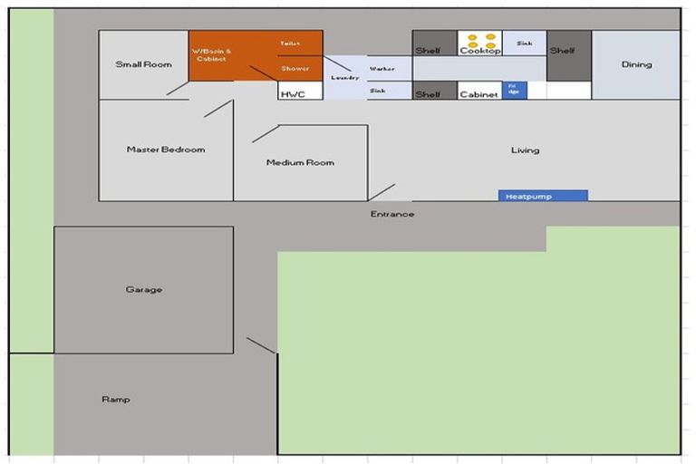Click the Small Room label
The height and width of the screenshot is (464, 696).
point(143,64)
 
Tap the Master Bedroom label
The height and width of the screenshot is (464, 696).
point(166,150)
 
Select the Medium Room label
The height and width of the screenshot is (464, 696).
point(300,163)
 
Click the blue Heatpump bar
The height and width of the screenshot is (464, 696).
point(542,196)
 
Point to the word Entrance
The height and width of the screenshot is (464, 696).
point(392,214)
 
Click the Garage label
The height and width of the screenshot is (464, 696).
point(143,290)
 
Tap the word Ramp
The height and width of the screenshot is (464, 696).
point(115,400)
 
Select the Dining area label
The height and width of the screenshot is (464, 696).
point(636,64)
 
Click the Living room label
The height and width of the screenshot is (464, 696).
point(525,150)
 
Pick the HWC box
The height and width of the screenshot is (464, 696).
point(293,93)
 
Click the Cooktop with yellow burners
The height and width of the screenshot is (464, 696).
point(480,43)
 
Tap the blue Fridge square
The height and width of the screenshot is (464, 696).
point(514,90)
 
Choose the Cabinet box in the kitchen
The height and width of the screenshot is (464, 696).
point(479,93)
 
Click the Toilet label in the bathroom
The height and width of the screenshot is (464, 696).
point(290,43)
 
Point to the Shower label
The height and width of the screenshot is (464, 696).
point(295,69)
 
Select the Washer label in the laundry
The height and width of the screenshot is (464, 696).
point(382,69)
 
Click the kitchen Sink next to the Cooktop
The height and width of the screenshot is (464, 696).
point(524,43)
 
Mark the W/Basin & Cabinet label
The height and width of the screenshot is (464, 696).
point(212,54)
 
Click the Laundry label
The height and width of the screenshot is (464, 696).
point(345,78)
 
